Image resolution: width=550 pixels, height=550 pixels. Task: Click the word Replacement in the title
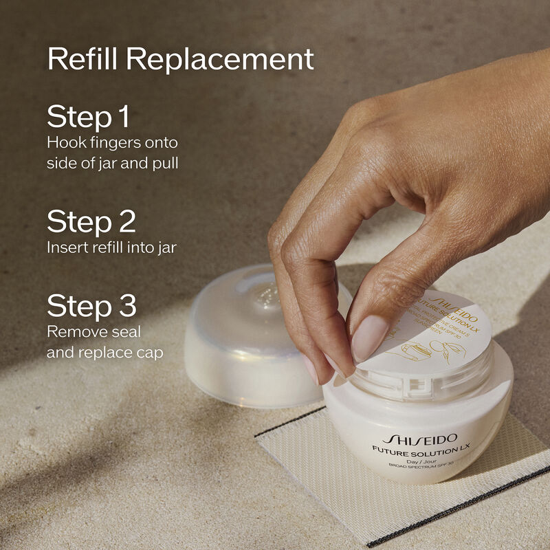[x=220, y=60]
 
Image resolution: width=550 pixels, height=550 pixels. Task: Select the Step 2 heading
[x=91, y=222]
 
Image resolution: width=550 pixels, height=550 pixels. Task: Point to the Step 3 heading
[x=91, y=306]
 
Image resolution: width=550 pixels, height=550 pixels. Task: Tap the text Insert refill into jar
[x=111, y=247]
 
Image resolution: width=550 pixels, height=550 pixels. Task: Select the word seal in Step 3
[x=125, y=332]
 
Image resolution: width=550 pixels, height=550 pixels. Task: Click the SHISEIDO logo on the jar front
[x=419, y=439]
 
